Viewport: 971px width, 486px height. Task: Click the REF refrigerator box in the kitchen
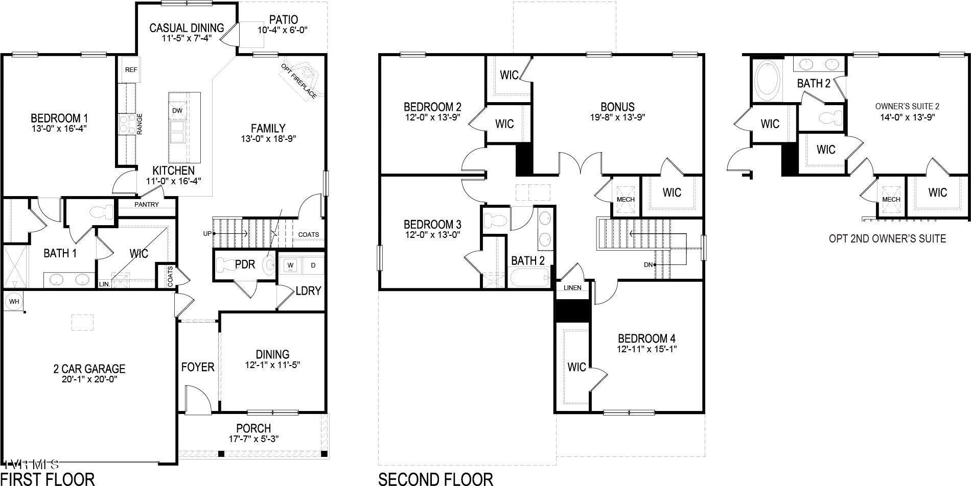tap(130, 70)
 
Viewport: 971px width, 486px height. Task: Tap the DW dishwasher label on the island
tap(177, 111)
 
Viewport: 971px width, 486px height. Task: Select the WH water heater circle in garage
tap(14, 302)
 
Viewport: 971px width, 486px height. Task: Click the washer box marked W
tap(290, 265)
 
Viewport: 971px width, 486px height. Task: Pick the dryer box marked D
tap(313, 265)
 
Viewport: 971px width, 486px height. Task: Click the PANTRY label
tap(147, 204)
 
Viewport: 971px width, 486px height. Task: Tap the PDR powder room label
tap(245, 264)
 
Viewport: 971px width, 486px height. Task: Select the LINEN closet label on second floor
tap(572, 287)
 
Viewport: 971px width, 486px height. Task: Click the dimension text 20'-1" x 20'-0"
tap(89, 379)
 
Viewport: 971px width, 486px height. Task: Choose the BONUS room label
tap(617, 107)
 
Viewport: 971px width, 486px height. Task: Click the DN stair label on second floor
tap(648, 264)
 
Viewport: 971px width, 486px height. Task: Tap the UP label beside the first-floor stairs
tap(207, 234)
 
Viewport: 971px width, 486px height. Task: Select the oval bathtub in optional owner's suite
tap(767, 81)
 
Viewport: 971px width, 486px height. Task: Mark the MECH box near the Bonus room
tap(626, 199)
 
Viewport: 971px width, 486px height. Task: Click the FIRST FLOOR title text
tap(48, 479)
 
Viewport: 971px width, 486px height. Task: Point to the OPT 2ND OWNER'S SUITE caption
tap(887, 238)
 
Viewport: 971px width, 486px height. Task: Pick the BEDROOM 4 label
tap(646, 338)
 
